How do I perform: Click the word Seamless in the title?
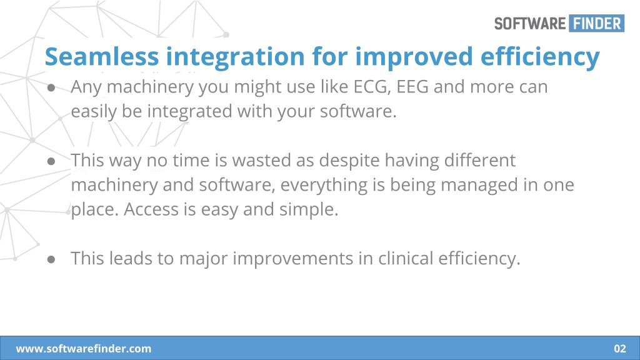tap(102, 56)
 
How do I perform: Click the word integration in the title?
tap(235, 57)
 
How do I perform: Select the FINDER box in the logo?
tap(597, 23)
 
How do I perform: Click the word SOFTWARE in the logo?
tap(530, 24)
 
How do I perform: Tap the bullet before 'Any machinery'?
tap(51, 87)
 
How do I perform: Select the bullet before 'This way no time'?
tap(51, 161)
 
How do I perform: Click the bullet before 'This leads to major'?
tap(51, 259)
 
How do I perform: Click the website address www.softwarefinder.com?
tap(84, 349)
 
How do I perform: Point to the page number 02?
tap(620, 349)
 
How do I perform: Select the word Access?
tap(151, 209)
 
